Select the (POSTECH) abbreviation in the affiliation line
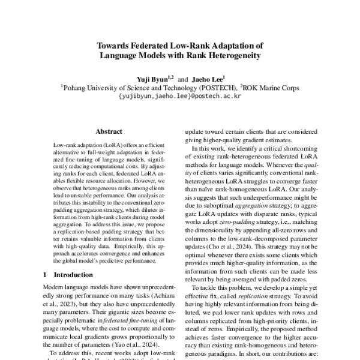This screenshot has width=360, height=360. [x=211, y=86]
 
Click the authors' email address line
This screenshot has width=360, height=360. [x=179, y=95]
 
